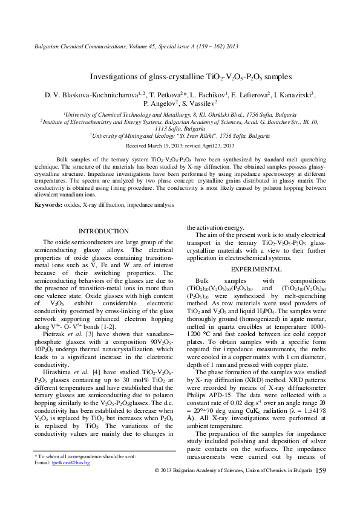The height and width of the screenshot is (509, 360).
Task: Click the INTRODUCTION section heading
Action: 104,231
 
